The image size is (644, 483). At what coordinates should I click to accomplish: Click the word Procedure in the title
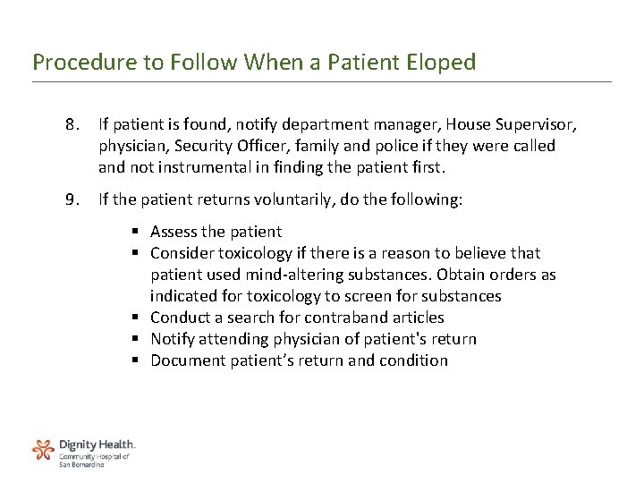(x=72, y=63)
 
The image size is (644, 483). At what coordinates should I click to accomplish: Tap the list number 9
(x=72, y=202)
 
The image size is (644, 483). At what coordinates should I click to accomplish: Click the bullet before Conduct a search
(x=140, y=318)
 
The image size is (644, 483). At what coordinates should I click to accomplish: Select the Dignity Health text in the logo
(x=97, y=444)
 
